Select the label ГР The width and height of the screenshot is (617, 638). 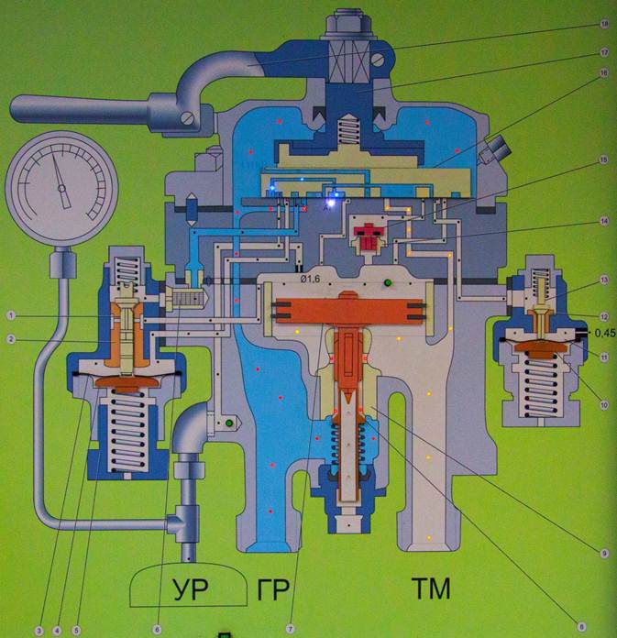click(x=270, y=589)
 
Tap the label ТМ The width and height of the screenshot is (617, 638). click(x=431, y=589)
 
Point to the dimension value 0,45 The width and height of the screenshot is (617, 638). click(x=603, y=333)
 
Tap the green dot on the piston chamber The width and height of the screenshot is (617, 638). click(x=389, y=282)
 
